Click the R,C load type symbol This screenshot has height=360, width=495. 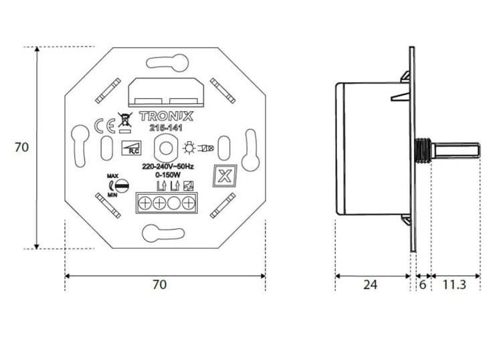point(130,149)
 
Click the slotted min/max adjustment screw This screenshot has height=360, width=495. point(121,185)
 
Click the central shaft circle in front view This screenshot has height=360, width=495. point(165,147)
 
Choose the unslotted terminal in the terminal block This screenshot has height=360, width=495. point(174,203)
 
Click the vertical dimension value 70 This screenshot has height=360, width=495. point(21,147)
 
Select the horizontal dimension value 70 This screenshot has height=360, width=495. point(159,284)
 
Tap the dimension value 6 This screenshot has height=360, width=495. point(422,284)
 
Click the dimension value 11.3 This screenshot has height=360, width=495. point(454,284)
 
